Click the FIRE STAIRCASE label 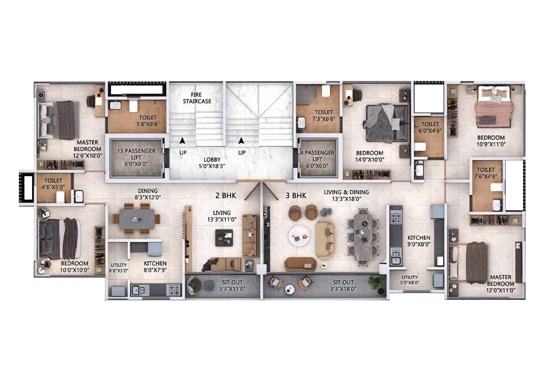[197, 98]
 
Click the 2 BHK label [226, 196]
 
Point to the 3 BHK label [296, 196]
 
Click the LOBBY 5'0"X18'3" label [212, 163]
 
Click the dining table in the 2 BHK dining [136, 219]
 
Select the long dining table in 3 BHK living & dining [363, 237]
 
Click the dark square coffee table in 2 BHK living [224, 238]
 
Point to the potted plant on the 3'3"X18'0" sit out [376, 281]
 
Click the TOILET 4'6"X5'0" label [53, 184]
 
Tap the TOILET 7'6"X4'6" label [486, 173]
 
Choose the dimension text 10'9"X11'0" [491, 144]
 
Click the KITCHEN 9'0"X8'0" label [419, 241]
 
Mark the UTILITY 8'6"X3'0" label [118, 268]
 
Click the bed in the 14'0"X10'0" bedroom [386, 123]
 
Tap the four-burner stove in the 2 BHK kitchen [174, 290]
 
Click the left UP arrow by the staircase [182, 141]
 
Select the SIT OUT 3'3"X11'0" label [232, 286]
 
